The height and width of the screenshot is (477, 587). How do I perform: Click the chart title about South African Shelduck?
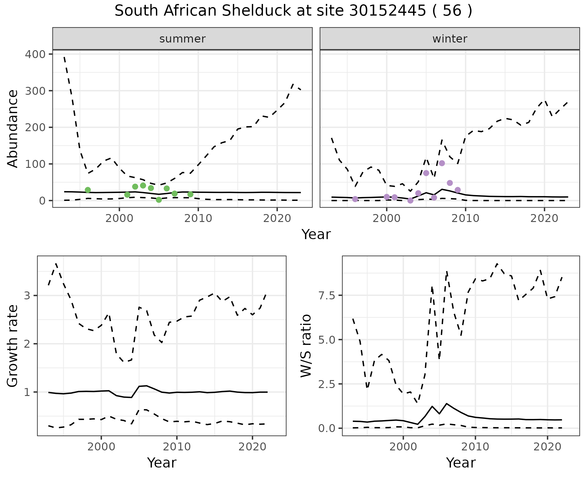tap(293, 11)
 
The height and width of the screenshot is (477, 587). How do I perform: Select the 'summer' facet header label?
tap(182, 39)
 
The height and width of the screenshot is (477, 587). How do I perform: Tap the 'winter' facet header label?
tap(449, 39)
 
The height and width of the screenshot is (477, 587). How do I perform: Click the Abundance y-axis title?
tap(13, 128)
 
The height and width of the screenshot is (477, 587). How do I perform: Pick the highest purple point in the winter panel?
tap(442, 163)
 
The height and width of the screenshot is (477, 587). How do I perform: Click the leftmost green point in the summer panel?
tap(88, 190)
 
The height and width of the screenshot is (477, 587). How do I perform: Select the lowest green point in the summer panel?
tap(159, 200)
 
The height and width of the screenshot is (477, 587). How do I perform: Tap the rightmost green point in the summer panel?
tap(190, 194)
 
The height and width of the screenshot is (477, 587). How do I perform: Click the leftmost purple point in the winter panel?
tap(355, 199)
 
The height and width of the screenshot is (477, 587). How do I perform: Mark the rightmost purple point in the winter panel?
tap(458, 190)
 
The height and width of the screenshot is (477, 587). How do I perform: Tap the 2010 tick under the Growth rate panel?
tap(177, 447)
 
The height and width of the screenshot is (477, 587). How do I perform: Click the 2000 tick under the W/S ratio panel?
tap(403, 447)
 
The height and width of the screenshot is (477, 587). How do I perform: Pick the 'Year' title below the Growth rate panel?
tap(162, 463)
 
